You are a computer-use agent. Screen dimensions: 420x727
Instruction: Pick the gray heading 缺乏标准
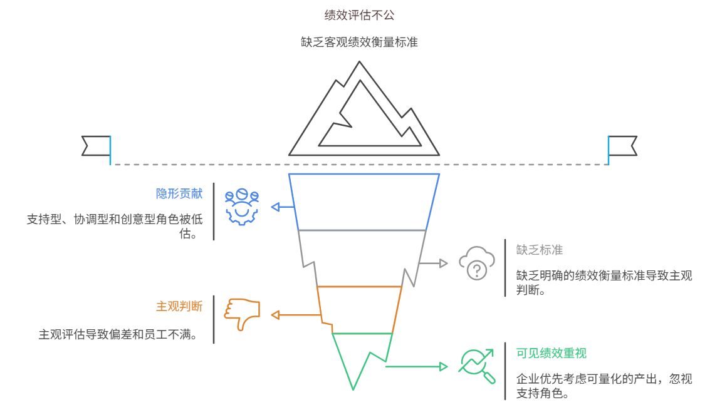point(540,250)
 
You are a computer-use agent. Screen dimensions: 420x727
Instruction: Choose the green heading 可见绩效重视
point(552,353)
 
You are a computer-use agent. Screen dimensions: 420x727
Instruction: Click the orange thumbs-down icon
point(243,312)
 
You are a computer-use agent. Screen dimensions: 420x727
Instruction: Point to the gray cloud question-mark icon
point(477,263)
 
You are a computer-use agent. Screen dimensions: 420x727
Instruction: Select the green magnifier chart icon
point(478,366)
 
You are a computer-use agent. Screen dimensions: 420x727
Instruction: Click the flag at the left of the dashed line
point(97,145)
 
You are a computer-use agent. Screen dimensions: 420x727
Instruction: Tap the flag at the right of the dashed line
point(622,145)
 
